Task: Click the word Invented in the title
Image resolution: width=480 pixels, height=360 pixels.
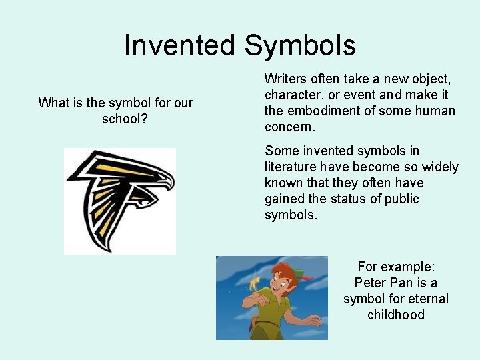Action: pos(179,45)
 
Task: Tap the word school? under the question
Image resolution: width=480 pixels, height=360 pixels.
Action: pos(125,119)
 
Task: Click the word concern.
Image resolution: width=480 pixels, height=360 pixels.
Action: pos(289,127)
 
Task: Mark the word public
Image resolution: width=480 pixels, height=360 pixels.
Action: pos(402,199)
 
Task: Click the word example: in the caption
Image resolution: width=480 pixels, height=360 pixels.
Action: pos(407,267)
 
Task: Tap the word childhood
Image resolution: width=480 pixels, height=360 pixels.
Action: pos(396,315)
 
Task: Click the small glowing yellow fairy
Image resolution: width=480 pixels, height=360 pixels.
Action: pos(254,283)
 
